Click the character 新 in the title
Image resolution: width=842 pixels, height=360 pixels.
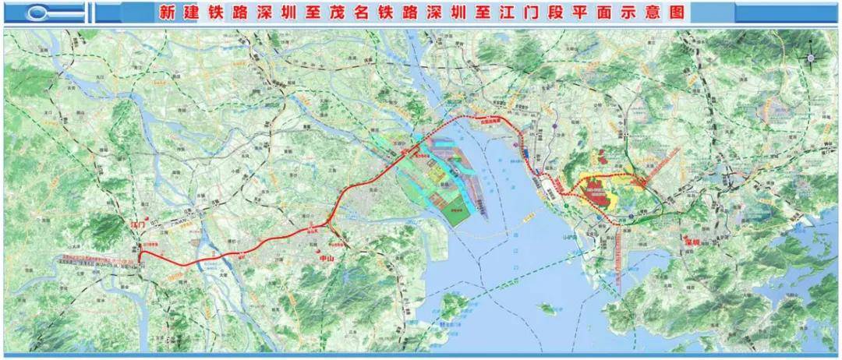click(165, 12)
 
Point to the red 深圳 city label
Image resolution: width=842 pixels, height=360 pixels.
click(692, 242)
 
